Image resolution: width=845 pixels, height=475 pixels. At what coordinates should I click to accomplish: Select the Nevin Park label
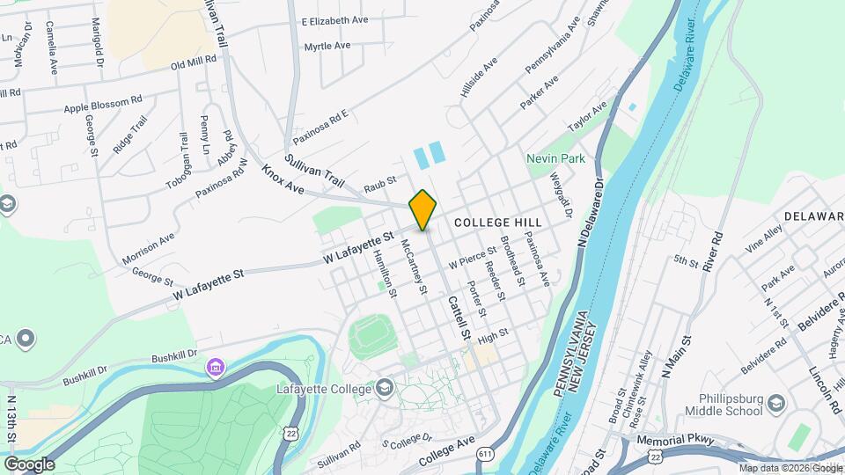pyautogui.click(x=556, y=159)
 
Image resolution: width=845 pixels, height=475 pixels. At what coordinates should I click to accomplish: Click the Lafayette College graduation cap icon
pyautogui.click(x=385, y=388)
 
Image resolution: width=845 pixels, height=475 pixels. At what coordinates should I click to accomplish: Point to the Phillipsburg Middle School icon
pyautogui.click(x=776, y=403)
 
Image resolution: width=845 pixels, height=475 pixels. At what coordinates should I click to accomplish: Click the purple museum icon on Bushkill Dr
pyautogui.click(x=214, y=366)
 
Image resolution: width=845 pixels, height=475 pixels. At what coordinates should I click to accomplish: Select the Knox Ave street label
pyautogui.click(x=283, y=179)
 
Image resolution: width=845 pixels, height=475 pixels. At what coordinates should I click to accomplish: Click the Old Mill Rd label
pyautogui.click(x=193, y=64)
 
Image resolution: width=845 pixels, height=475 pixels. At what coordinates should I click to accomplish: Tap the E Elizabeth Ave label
pyautogui.click(x=335, y=20)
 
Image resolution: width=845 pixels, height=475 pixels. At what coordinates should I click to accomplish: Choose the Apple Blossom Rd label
pyautogui.click(x=103, y=105)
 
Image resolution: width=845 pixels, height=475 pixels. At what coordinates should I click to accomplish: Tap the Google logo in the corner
pyautogui.click(x=29, y=464)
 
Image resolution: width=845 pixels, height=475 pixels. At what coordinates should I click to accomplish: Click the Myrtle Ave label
pyautogui.click(x=327, y=45)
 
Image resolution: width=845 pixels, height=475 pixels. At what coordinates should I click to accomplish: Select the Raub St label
pyautogui.click(x=380, y=186)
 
